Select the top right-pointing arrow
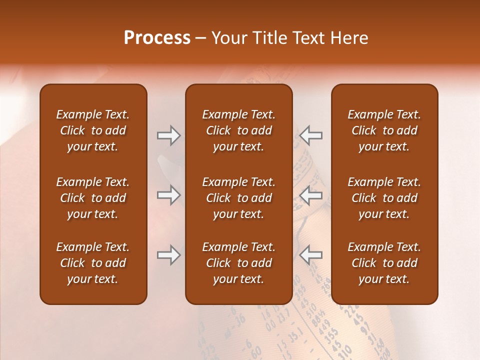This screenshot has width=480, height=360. (x=168, y=135)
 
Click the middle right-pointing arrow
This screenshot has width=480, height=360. (x=168, y=195)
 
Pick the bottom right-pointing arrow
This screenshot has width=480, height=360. (x=168, y=255)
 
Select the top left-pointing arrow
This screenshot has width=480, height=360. (x=311, y=135)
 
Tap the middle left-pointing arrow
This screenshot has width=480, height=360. (x=311, y=195)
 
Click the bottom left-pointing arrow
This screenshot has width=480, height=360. (x=311, y=255)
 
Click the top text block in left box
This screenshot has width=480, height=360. (x=93, y=130)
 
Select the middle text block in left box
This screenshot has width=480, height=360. (x=93, y=198)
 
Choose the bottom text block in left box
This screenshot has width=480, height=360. (x=93, y=263)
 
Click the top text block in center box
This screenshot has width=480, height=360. (x=239, y=130)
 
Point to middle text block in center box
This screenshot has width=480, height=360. (x=239, y=198)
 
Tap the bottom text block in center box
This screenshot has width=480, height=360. (x=239, y=263)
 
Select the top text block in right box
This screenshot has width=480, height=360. (x=384, y=130)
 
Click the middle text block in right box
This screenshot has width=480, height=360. (x=384, y=198)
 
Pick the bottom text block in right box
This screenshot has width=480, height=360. (x=384, y=263)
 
